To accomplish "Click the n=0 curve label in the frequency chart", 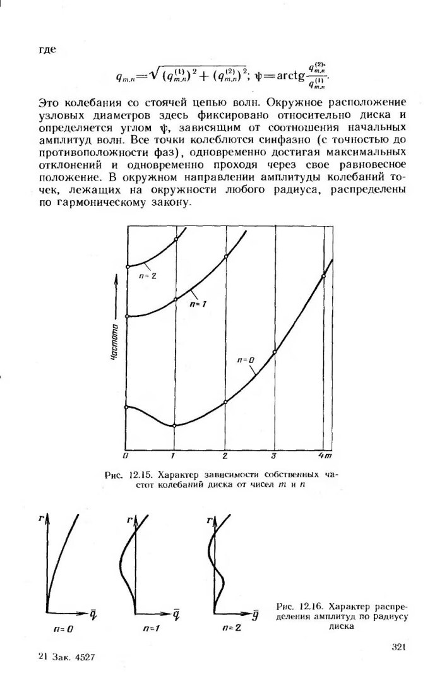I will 246,360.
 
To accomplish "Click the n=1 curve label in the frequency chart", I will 198,304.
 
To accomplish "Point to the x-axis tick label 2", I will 225,455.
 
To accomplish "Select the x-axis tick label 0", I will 126,455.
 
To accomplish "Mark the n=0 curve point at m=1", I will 175,426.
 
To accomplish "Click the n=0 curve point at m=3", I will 275,352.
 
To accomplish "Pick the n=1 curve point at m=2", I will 225,256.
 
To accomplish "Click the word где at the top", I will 48,50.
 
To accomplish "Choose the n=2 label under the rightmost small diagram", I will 232,629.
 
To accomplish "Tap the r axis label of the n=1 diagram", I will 129,520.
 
